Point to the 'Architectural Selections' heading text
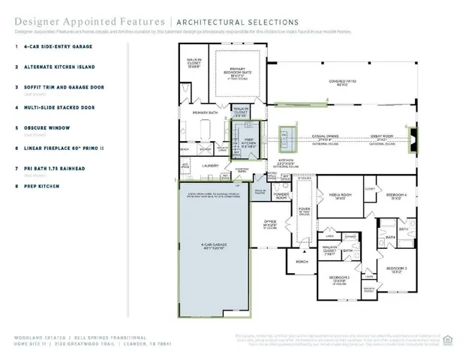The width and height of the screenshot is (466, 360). (x=236, y=22)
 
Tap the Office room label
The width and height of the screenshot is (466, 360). (x=270, y=224)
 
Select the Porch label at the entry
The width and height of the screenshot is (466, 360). (x=302, y=262)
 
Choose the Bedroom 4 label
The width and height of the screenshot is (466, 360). (x=396, y=196)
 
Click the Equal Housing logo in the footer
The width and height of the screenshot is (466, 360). (x=448, y=339)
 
